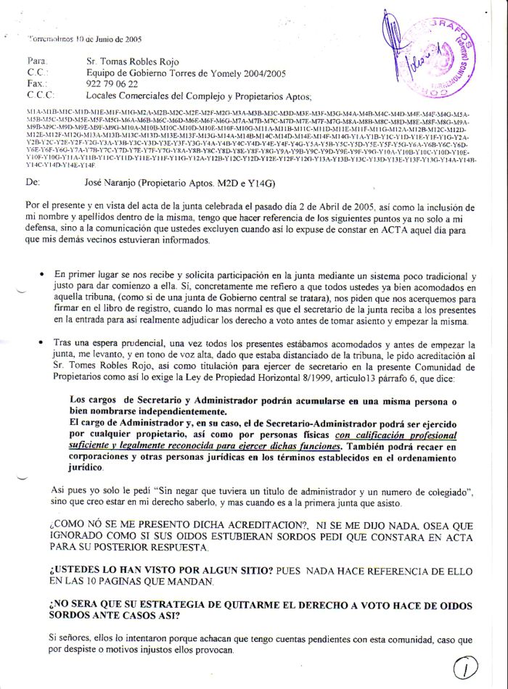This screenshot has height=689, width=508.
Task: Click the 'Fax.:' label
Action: [x=36, y=84]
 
